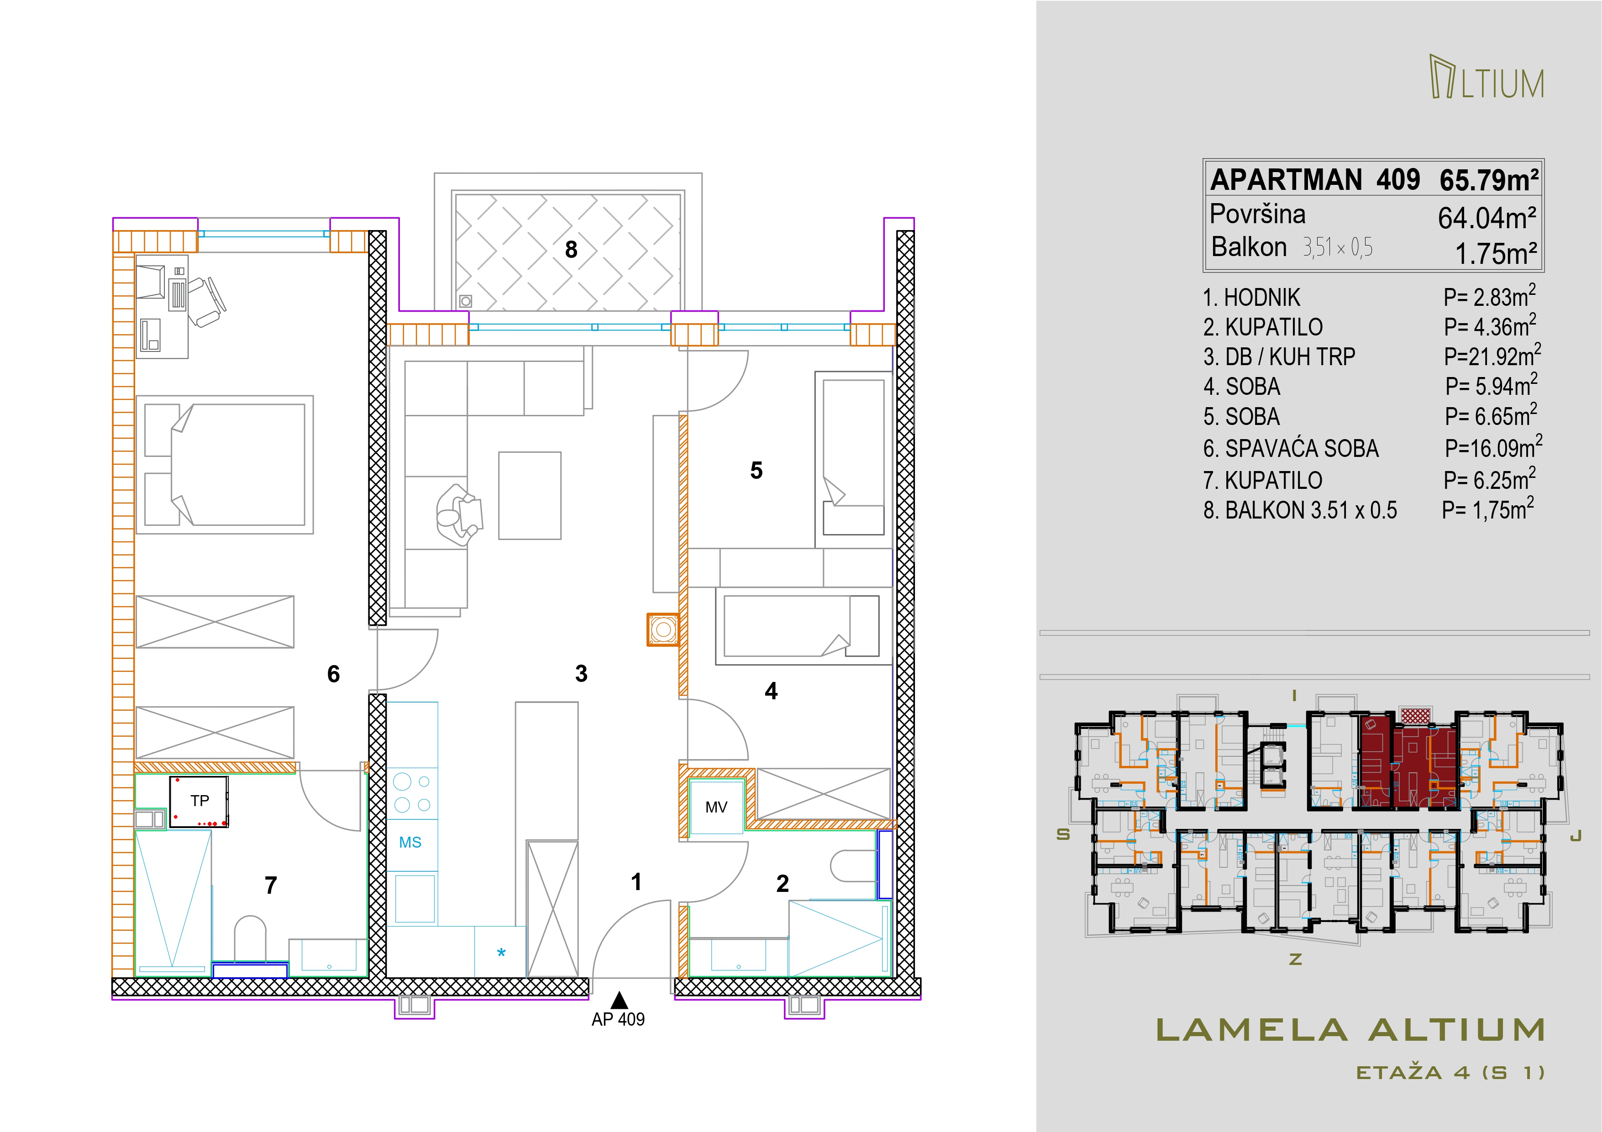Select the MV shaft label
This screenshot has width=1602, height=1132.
pos(716,807)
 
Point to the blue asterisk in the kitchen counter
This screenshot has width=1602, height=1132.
pos(501,953)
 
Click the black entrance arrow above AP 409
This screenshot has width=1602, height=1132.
pos(618,1000)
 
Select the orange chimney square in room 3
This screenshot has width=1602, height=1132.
pos(663,630)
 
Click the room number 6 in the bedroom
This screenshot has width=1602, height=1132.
pos(334,674)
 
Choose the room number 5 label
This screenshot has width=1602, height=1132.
pos(756,471)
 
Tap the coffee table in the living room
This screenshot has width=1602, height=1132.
pos(530,495)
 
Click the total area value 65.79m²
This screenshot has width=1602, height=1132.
pos(1489,181)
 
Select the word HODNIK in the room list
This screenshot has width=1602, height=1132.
pos(1262,298)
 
